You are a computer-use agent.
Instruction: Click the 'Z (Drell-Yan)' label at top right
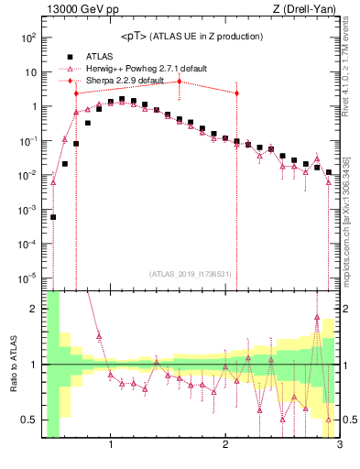point(306,9)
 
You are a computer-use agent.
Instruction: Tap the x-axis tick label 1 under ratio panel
point(111,446)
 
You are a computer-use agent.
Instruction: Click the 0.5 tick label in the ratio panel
point(27,420)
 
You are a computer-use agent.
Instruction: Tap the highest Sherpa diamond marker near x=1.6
point(180,82)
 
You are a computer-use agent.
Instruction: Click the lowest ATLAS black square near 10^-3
point(53,217)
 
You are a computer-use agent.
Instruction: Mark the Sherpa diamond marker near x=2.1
point(236,93)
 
